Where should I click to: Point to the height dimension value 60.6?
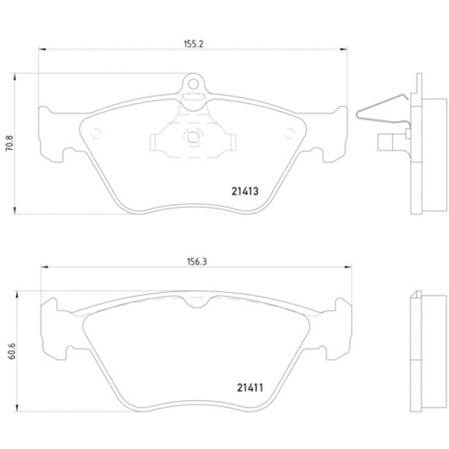tap(9, 351)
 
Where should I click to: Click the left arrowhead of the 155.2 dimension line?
tap(41, 52)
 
